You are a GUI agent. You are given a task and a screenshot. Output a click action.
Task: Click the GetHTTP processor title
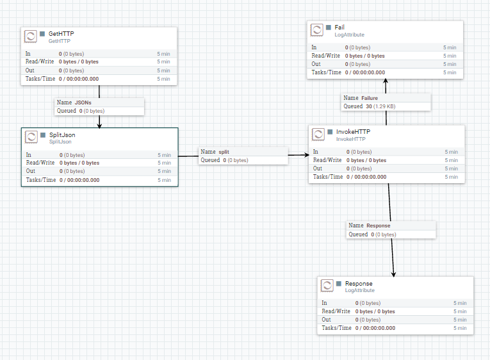61,33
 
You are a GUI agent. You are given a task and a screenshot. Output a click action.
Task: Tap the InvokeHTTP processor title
353,132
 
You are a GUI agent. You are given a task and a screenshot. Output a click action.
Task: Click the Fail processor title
339,28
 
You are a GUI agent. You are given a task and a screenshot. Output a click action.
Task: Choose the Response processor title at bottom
358,283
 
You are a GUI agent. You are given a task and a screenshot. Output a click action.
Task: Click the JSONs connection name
83,102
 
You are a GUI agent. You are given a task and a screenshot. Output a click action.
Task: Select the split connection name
224,152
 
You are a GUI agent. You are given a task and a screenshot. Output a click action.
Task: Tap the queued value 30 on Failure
368,106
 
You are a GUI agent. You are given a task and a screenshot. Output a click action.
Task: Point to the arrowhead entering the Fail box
386,82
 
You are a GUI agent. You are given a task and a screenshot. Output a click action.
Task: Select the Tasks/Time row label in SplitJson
40,180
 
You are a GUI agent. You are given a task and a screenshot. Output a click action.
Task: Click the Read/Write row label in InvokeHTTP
327,160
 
